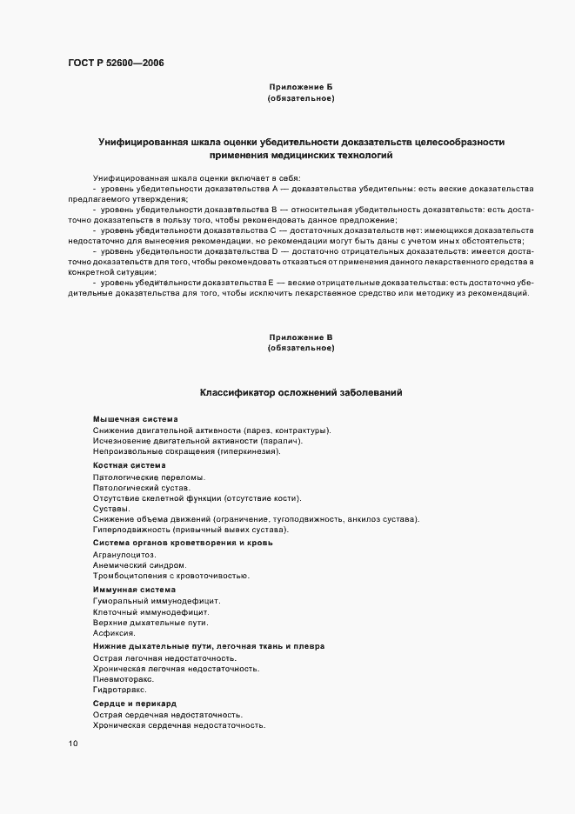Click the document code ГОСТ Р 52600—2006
pos(115,63)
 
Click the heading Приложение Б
pos(301,87)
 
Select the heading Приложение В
pos(301,337)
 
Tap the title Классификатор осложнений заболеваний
pos(301,393)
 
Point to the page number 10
pos(73,744)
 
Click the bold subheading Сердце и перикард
pos(135,703)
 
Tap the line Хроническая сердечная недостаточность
pos(179,725)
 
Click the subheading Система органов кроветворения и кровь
pos(183,543)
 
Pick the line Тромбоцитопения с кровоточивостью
pos(170,577)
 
